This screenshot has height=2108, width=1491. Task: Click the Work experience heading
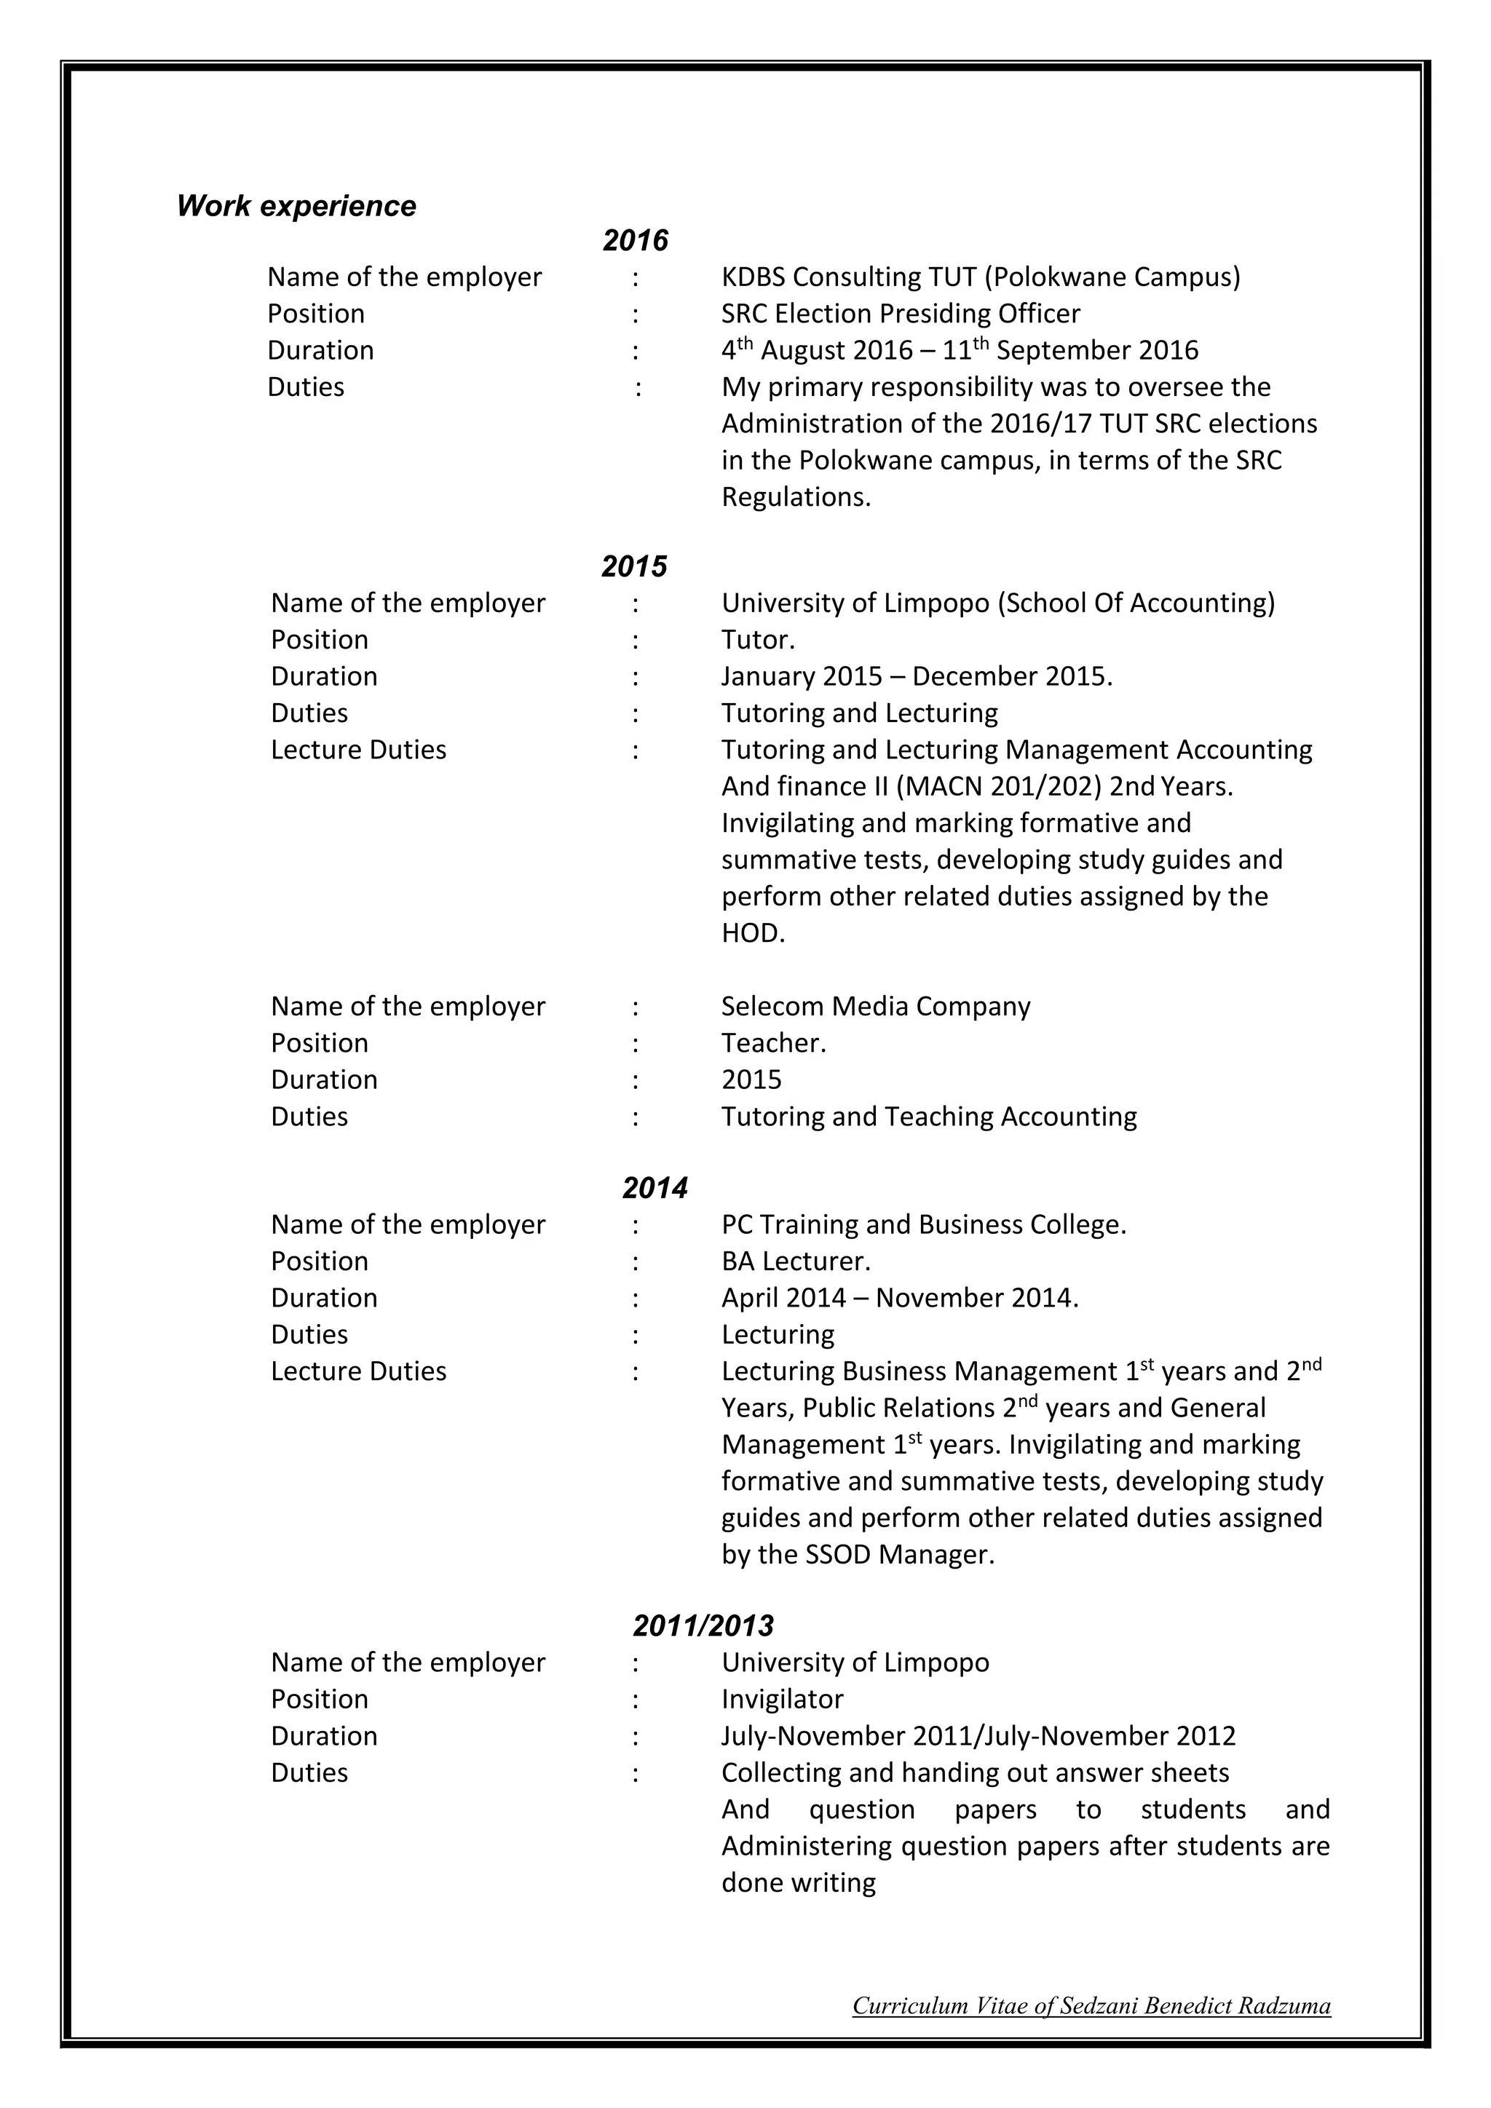[296, 206]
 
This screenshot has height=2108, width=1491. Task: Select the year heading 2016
[636, 240]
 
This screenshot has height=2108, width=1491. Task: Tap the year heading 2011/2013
[703, 1625]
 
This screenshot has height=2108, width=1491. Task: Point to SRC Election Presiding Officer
[900, 313]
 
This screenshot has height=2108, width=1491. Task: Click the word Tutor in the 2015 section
[756, 639]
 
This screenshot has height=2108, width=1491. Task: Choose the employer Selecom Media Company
[875, 1006]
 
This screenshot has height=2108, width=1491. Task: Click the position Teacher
[772, 1043]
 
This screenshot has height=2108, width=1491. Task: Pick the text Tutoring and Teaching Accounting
[928, 1117]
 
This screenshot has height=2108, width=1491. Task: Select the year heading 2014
[654, 1188]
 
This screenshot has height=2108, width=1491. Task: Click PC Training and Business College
[922, 1225]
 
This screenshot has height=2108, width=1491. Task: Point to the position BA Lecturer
[795, 1261]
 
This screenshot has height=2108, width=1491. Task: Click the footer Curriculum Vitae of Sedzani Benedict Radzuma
[1091, 2005]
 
